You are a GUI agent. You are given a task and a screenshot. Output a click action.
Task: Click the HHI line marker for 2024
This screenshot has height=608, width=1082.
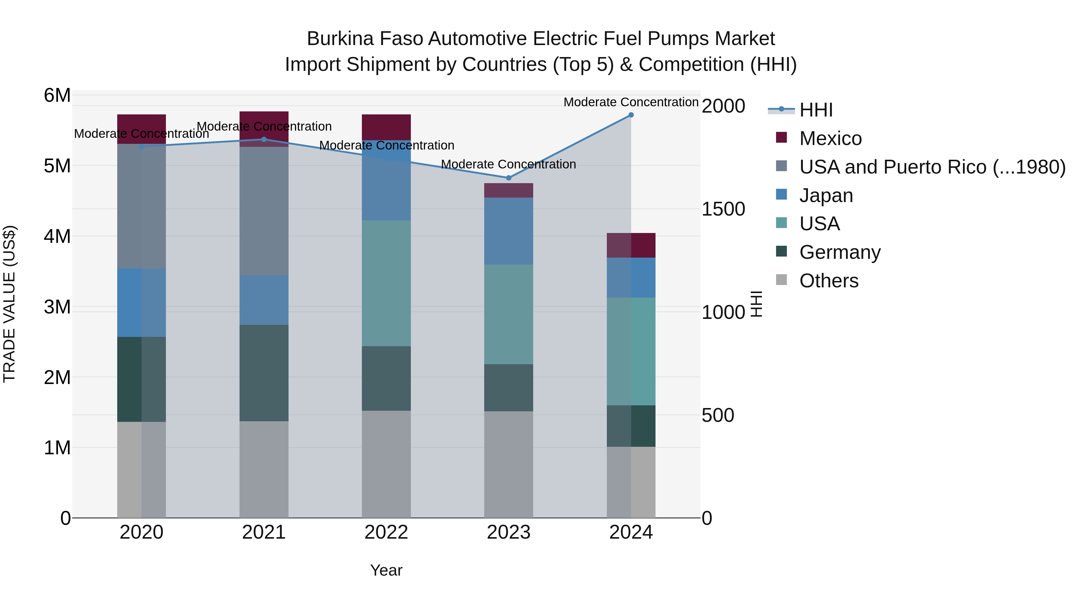[631, 115]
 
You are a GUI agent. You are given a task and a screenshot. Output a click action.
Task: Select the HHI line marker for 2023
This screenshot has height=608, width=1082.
[509, 178]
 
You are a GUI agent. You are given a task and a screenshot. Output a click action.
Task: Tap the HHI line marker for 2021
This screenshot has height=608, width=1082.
[264, 139]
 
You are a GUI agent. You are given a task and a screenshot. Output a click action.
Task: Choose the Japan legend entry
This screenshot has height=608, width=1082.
[826, 195]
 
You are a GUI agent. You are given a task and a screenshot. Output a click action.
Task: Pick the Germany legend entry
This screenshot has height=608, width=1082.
[840, 252]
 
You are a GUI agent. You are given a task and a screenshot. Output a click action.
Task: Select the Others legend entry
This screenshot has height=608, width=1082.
[829, 281]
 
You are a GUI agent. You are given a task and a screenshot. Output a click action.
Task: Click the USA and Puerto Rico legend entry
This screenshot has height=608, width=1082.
[932, 167]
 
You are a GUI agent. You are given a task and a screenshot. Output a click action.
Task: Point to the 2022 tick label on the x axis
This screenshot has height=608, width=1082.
[386, 532]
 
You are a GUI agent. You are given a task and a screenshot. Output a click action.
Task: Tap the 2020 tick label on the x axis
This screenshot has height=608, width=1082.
[142, 532]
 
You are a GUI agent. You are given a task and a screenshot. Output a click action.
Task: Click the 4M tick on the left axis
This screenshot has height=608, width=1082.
[57, 236]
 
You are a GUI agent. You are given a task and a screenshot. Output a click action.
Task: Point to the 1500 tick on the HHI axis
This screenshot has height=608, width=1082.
[723, 209]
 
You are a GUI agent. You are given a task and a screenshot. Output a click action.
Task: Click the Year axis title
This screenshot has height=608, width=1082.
[386, 570]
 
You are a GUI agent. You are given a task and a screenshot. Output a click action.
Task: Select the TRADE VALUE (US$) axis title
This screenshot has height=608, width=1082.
[9, 304]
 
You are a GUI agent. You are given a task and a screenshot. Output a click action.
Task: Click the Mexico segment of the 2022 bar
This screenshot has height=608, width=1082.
[386, 127]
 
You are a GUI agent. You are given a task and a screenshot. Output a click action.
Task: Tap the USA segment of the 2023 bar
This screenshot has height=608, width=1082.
[509, 314]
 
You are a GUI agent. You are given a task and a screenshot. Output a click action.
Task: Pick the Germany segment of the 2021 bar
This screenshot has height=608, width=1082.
[264, 373]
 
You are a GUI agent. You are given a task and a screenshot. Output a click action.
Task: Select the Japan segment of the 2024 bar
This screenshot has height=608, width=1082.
[631, 278]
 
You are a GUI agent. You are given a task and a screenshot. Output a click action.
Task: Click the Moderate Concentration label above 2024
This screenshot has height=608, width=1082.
[631, 102]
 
